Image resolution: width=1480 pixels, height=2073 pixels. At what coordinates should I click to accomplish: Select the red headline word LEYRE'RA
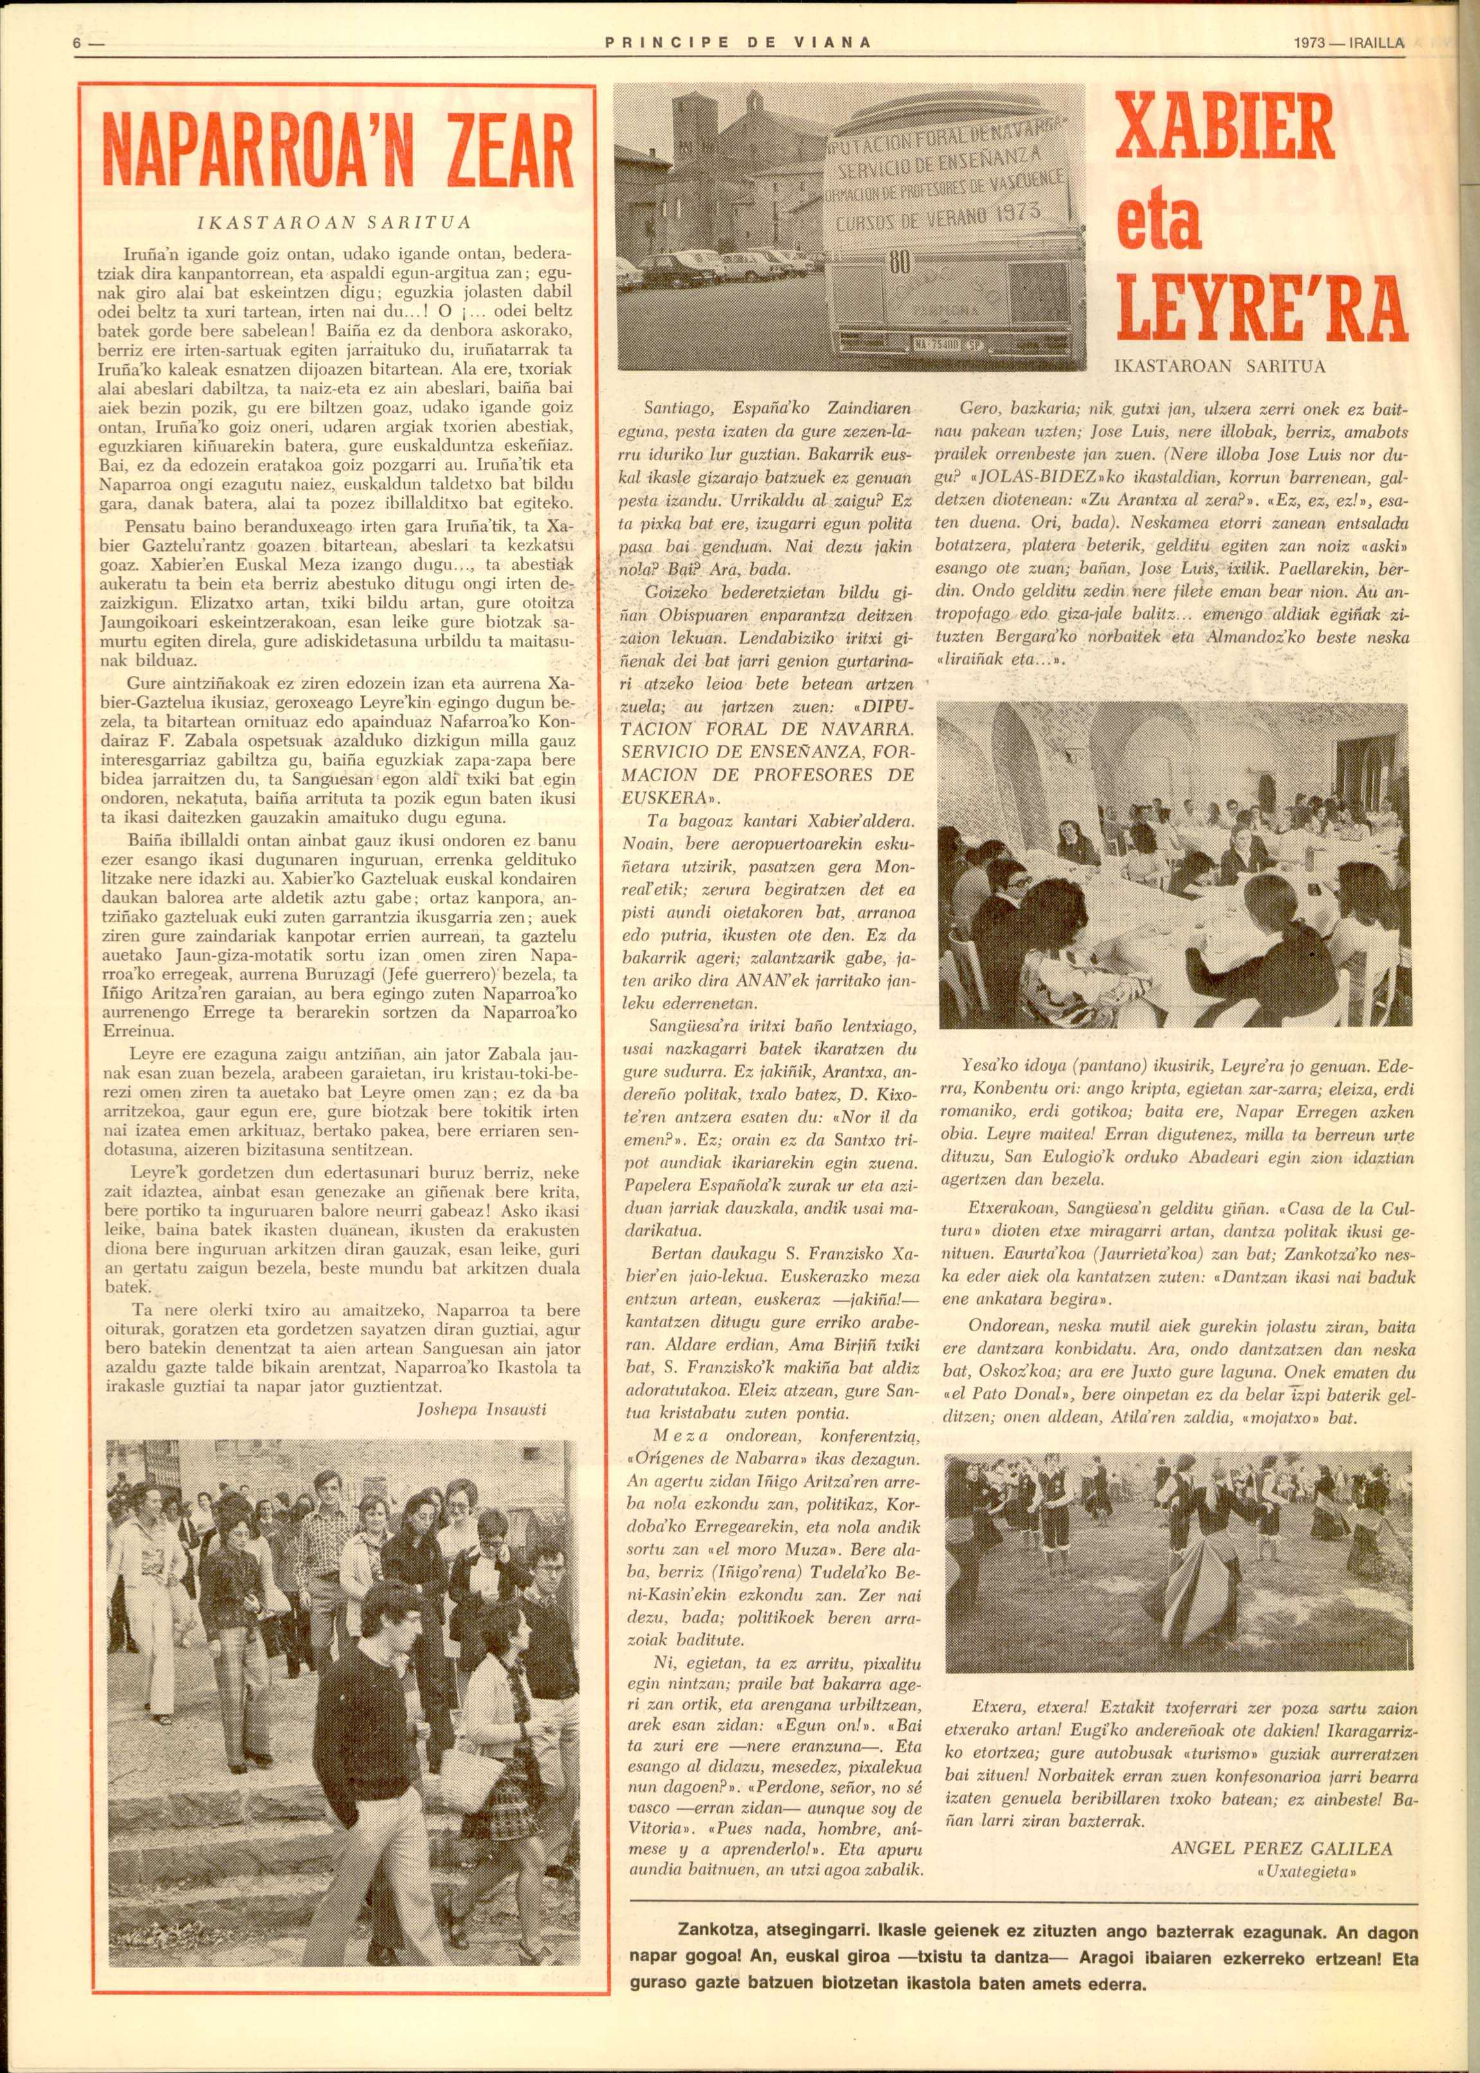point(1262,305)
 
